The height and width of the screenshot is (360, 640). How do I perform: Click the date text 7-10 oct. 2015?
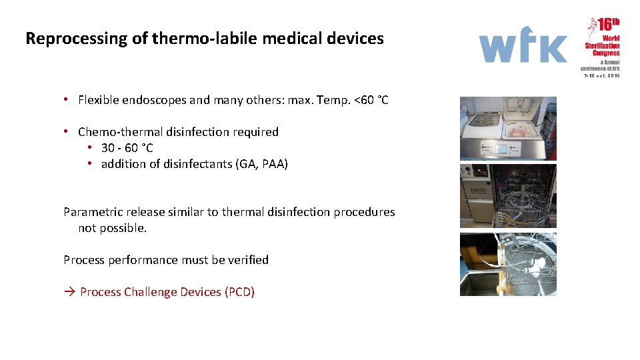point(602,76)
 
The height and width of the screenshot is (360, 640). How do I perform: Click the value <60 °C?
point(371,100)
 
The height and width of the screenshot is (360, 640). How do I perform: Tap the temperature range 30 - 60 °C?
point(127,148)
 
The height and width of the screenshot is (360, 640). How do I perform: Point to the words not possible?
point(112,228)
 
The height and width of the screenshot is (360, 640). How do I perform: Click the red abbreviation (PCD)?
point(239,292)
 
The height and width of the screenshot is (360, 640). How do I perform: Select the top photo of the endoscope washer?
point(508,129)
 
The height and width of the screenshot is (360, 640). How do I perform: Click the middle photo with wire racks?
point(508,196)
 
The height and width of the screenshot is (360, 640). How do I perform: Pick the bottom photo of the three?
point(508,264)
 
